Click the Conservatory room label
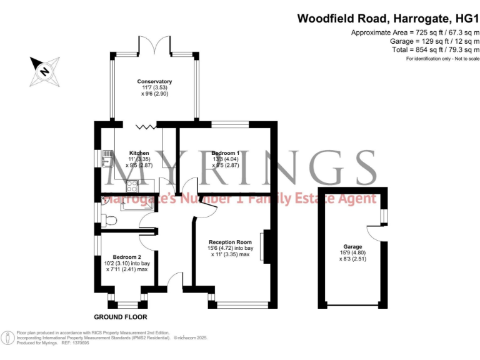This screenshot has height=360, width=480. pyautogui.click(x=154, y=82)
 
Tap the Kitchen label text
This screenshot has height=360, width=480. pyautogui.click(x=139, y=153)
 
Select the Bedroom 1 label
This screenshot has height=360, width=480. pyautogui.click(x=225, y=153)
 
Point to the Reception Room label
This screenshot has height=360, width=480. pyautogui.click(x=230, y=242)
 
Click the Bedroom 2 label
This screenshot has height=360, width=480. pyautogui.click(x=126, y=257)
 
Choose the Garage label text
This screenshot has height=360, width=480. pyautogui.click(x=352, y=247)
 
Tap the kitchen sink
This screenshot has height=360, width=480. pyautogui.click(x=107, y=158)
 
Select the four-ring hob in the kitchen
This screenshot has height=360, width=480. pyautogui.click(x=132, y=185)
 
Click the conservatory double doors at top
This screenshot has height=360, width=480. pyautogui.click(x=154, y=46)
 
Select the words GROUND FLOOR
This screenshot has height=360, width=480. pyautogui.click(x=120, y=317)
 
